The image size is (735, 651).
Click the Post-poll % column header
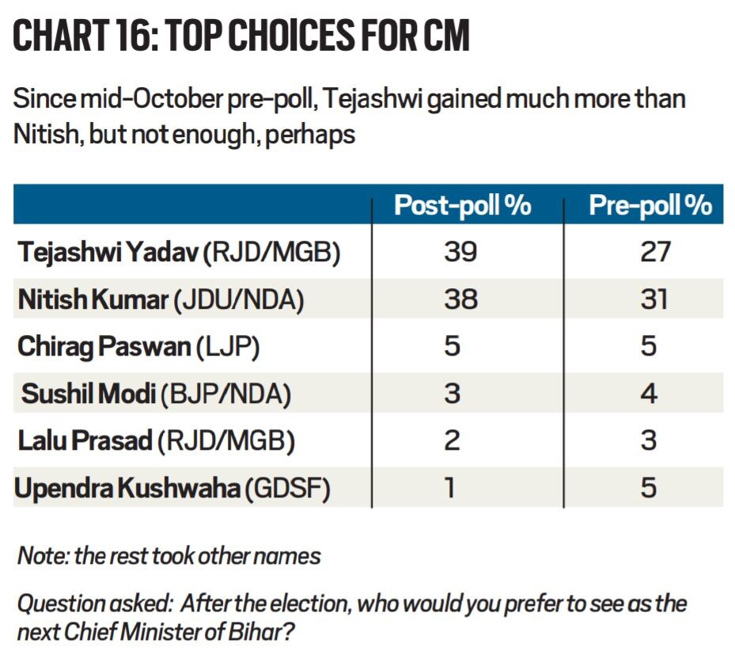tap(463, 206)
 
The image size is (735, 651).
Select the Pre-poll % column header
tap(650, 206)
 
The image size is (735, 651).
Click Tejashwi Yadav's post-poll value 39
tap(460, 253)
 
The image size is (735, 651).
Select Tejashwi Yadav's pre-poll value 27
tap(651, 253)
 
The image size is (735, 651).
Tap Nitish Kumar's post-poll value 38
tap(460, 299)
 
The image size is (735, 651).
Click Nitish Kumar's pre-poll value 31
tap(651, 299)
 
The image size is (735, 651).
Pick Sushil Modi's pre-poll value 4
tap(650, 394)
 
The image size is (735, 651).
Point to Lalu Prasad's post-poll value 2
tap(451, 441)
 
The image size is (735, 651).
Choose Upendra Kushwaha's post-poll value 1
tap(450, 488)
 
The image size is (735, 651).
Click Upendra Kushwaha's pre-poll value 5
tap(650, 488)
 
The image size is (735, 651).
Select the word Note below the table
tap(40, 556)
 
